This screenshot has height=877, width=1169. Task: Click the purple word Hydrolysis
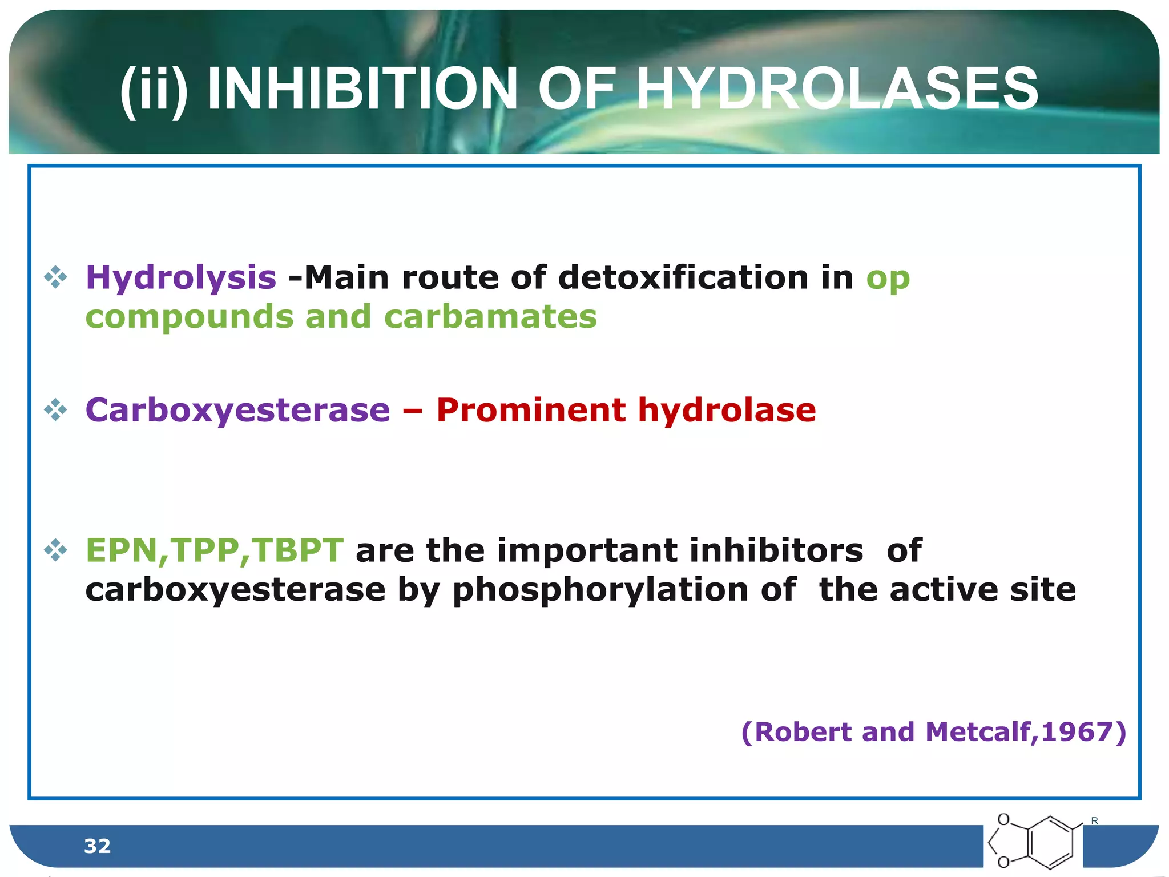click(x=180, y=279)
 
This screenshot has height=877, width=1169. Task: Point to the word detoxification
click(x=683, y=277)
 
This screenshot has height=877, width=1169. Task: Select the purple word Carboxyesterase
click(x=237, y=410)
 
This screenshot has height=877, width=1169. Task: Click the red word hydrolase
click(x=727, y=410)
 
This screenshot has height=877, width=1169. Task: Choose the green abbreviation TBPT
click(x=297, y=550)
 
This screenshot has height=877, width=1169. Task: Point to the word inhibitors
click(x=776, y=550)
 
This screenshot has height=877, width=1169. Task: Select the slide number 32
click(x=97, y=846)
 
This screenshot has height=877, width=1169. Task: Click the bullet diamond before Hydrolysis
click(x=55, y=278)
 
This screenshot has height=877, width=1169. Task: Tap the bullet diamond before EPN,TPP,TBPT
click(x=55, y=550)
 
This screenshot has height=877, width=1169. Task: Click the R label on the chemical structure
click(x=1094, y=820)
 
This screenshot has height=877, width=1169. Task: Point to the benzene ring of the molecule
click(x=1050, y=842)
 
